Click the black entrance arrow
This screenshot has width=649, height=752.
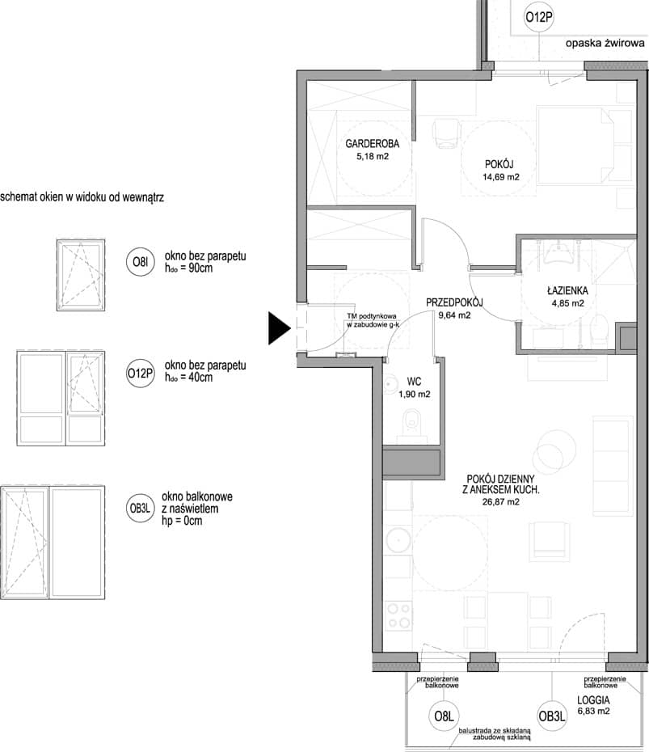point(279,328)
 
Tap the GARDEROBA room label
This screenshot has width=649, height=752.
point(372,143)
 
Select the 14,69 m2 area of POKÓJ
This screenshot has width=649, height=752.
point(500,177)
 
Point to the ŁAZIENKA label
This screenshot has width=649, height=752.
point(567,290)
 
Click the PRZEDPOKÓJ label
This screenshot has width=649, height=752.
point(454,302)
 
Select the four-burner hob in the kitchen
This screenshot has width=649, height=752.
point(398,616)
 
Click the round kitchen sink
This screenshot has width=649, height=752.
point(398,540)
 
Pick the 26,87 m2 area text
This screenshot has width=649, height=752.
point(500,502)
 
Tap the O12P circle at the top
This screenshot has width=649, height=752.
point(539,17)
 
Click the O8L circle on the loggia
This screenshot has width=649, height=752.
point(444,716)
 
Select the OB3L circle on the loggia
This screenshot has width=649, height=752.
point(552,716)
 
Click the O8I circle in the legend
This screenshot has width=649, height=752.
point(140,262)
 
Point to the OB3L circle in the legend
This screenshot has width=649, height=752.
point(140,508)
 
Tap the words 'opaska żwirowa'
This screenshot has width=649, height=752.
point(605,43)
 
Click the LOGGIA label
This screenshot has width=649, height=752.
point(593,700)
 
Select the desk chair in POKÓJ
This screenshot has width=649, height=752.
point(446,134)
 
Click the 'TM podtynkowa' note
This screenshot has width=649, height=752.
point(372,316)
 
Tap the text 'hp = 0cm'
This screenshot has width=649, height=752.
point(182,521)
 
